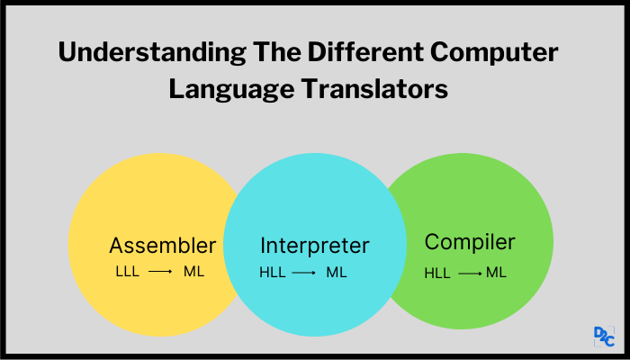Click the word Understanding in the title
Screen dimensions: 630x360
(152, 53)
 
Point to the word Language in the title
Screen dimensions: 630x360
(231, 90)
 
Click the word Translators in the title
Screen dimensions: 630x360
(374, 89)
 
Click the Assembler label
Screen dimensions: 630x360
(163, 245)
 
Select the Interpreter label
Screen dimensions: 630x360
(315, 246)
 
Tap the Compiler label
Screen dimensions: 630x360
(470, 242)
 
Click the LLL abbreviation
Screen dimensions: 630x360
(128, 272)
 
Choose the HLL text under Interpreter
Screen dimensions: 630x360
(273, 273)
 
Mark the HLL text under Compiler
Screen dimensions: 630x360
(437, 274)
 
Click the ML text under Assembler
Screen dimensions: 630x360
(194, 272)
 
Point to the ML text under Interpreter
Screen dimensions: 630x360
(337, 273)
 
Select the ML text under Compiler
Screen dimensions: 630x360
(496, 273)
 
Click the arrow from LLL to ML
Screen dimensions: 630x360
(160, 272)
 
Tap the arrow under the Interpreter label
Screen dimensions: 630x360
(304, 274)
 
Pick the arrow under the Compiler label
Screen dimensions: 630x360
(470, 274)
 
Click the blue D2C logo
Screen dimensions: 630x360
(604, 337)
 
